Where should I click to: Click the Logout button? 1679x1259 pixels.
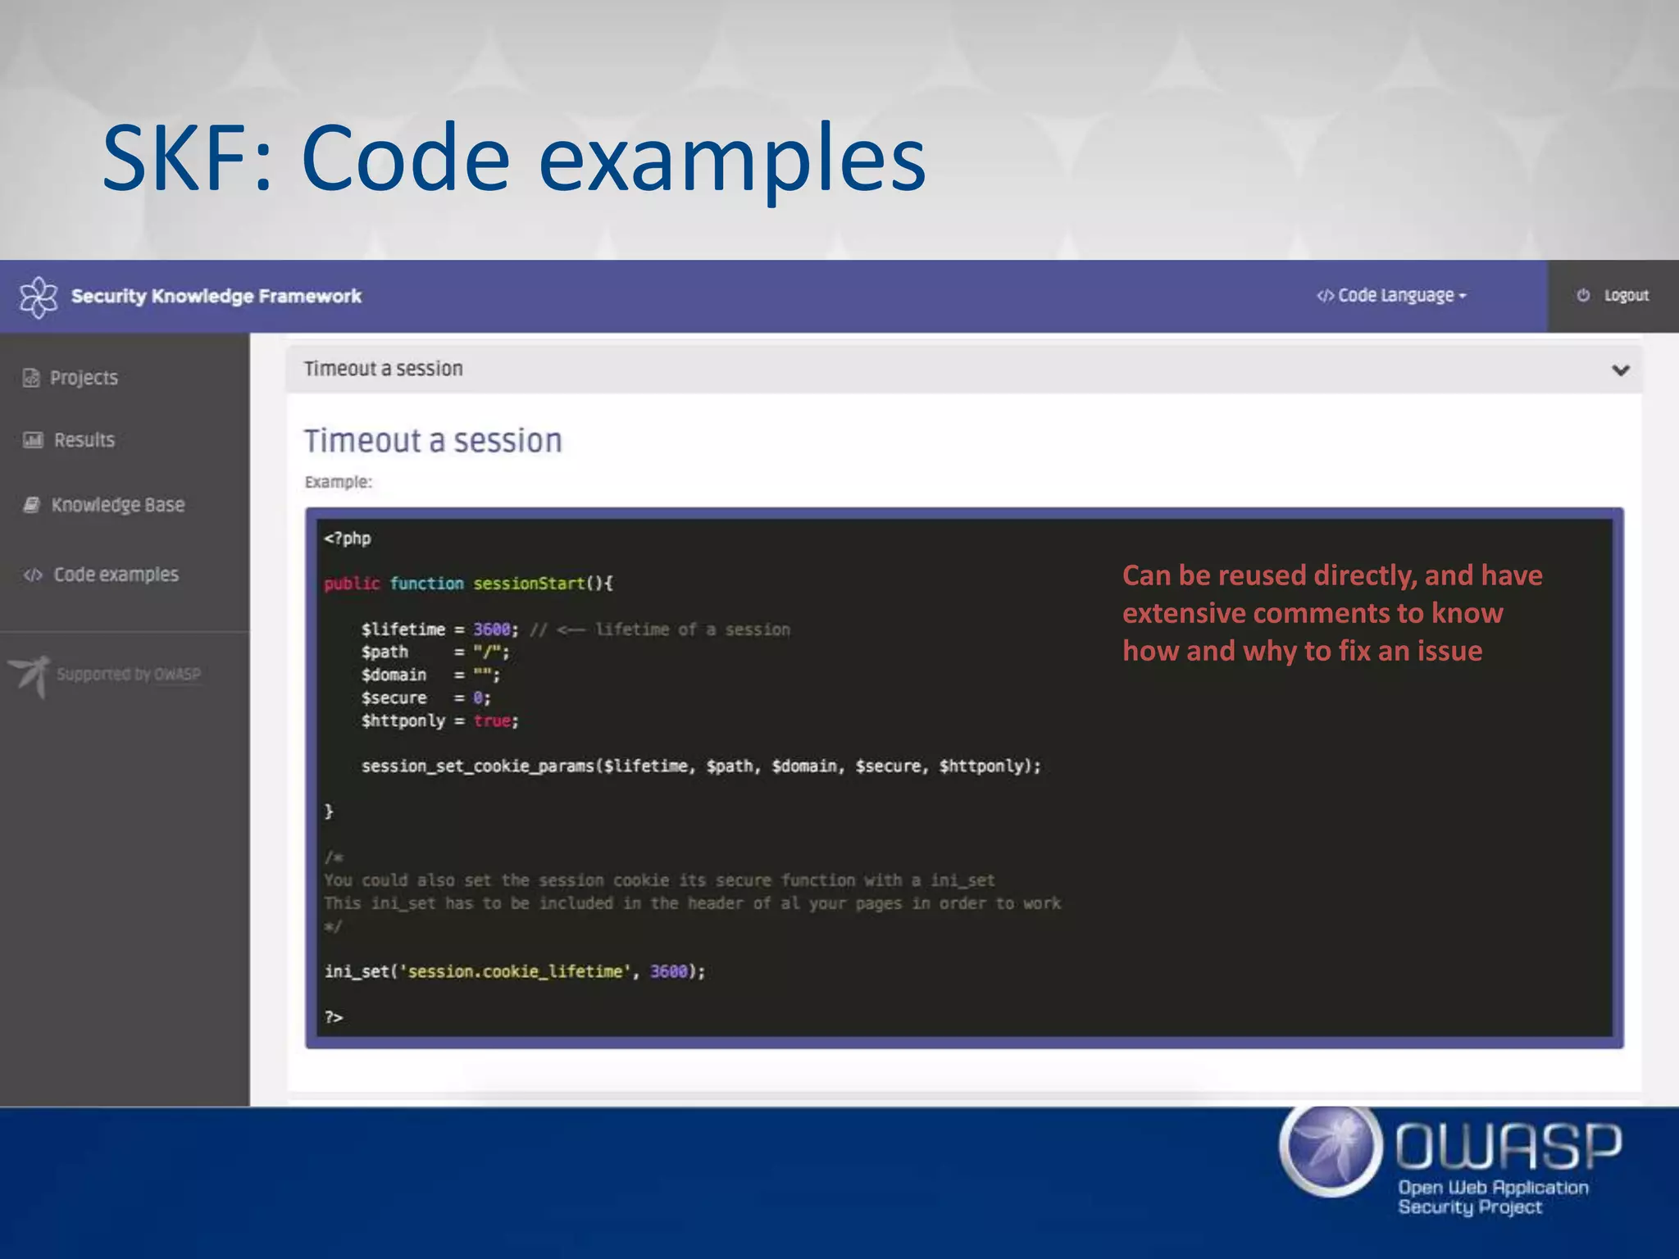(x=1613, y=296)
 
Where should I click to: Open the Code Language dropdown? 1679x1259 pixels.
(x=1392, y=296)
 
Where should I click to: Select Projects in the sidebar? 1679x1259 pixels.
(x=83, y=378)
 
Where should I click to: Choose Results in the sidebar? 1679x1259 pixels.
(x=84, y=440)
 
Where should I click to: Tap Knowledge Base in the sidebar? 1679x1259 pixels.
(x=117, y=505)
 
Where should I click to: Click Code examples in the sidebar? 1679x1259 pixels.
(x=115, y=575)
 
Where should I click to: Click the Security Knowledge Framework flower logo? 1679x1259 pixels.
(x=39, y=297)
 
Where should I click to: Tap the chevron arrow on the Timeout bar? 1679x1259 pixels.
(x=1620, y=370)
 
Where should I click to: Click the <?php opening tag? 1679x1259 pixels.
(x=348, y=539)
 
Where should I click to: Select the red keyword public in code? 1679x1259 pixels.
(x=352, y=584)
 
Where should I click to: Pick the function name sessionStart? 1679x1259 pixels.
(x=529, y=584)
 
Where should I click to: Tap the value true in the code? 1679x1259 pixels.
(x=492, y=721)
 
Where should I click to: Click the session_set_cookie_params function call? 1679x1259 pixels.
(x=478, y=766)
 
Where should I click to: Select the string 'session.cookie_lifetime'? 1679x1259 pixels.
(x=514, y=972)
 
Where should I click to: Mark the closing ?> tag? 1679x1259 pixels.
(x=333, y=1017)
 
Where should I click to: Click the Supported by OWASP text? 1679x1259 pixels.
(x=128, y=675)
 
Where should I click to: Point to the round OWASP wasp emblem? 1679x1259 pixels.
(x=1331, y=1149)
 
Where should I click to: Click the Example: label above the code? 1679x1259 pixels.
(x=338, y=482)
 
